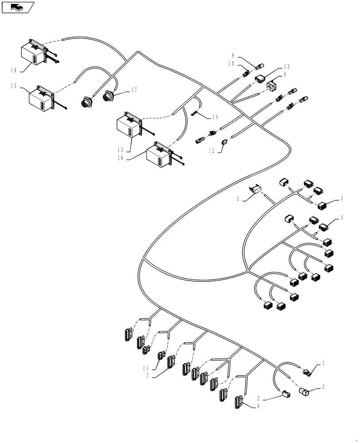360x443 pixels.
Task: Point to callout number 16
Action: [x=117, y=158]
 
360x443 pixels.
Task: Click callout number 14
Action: [x=215, y=117]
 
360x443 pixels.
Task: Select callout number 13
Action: [x=286, y=66]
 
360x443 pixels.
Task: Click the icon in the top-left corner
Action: [x=17, y=7]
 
